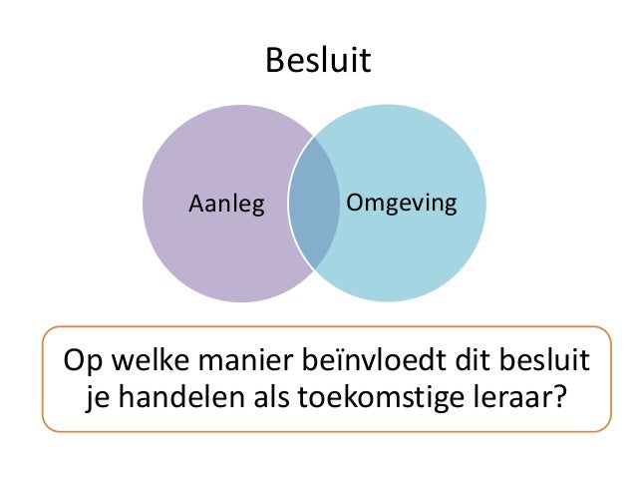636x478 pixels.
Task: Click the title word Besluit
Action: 317,62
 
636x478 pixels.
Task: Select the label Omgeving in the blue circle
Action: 401,205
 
